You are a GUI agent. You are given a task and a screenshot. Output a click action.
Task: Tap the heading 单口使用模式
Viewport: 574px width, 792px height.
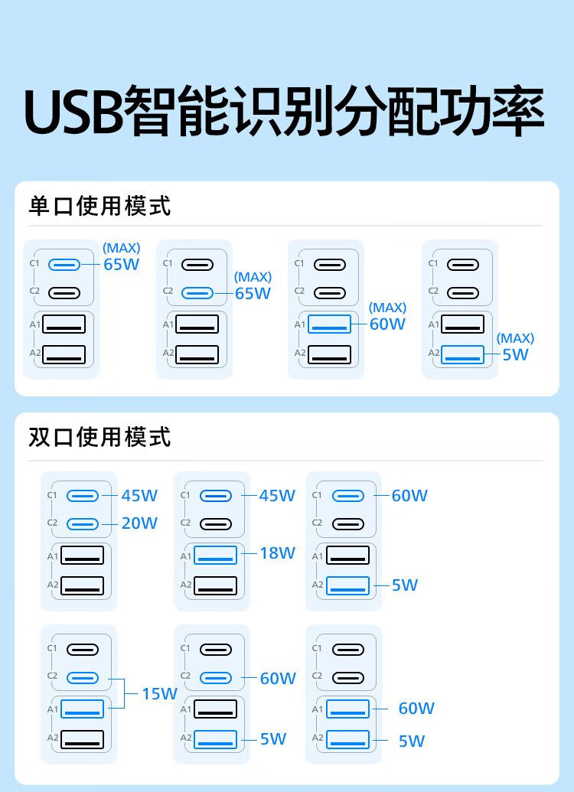(99, 206)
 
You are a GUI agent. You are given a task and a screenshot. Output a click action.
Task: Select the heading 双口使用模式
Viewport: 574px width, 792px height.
(99, 437)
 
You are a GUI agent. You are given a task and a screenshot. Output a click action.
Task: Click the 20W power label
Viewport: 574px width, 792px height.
(139, 523)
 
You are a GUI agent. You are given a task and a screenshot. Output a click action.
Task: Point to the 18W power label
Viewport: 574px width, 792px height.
(277, 553)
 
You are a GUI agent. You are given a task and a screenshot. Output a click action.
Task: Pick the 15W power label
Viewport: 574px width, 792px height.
(159, 694)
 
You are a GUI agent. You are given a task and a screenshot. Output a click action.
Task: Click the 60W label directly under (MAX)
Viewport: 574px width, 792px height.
(387, 324)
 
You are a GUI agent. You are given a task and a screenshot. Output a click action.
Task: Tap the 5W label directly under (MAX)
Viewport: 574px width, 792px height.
(516, 354)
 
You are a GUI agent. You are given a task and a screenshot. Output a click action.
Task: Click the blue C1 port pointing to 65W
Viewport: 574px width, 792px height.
(64, 265)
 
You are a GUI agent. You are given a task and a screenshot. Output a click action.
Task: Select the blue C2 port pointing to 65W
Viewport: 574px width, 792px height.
(197, 292)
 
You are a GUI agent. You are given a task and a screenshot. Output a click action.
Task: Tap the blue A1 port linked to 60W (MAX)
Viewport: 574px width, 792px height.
(329, 324)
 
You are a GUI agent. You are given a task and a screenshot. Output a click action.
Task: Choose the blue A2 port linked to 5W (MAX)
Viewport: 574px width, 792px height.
(462, 354)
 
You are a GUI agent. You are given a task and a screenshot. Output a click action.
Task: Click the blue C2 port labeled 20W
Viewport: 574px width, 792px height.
(83, 523)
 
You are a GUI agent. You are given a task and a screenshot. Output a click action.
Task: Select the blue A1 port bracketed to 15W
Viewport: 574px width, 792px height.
(83, 709)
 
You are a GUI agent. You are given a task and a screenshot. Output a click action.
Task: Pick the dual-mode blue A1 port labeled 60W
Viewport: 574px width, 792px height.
(347, 709)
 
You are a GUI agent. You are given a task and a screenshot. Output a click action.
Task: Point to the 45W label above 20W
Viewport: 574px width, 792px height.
(139, 495)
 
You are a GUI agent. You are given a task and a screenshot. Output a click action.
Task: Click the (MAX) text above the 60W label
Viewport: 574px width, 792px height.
(387, 308)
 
